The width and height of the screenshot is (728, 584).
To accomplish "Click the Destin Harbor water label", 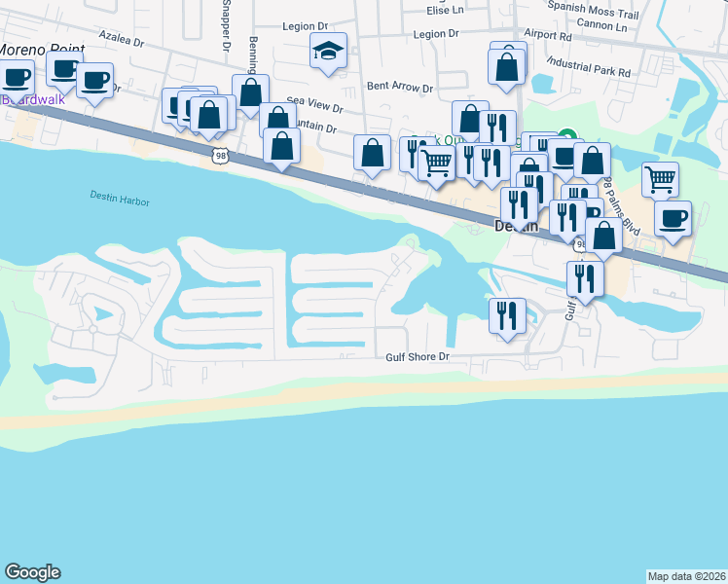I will (x=122, y=198).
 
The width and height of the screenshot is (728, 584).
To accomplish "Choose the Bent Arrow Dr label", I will (x=399, y=87).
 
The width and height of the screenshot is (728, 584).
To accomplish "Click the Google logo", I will (x=32, y=572).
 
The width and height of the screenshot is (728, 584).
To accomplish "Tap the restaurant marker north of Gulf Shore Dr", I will (x=507, y=315).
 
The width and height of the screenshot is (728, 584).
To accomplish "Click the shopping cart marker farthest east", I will (x=661, y=179).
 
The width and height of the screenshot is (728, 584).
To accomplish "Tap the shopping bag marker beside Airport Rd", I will (x=506, y=67).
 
